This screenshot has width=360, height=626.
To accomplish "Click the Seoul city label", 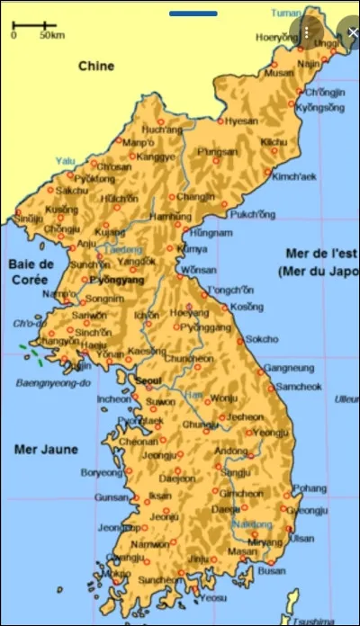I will click(x=149, y=380).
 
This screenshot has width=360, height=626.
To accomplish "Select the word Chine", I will click(x=95, y=66).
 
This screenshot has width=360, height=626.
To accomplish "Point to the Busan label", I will click(x=272, y=570).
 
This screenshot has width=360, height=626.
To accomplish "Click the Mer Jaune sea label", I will click(x=45, y=449).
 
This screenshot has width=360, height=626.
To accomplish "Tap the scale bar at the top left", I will click(x=34, y=25).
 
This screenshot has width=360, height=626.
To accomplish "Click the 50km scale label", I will click(x=51, y=36).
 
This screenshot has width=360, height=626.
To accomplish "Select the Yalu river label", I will click(x=65, y=161).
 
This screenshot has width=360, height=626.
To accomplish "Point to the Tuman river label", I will click(x=287, y=13).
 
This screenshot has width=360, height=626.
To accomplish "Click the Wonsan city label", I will click(x=198, y=270).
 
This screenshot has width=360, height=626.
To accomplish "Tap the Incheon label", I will click(x=113, y=398).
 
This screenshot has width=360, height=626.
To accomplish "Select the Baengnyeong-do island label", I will click(x=54, y=383).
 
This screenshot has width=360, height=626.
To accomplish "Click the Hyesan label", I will click(x=241, y=121).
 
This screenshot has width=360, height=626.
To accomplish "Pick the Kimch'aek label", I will click(x=292, y=176).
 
